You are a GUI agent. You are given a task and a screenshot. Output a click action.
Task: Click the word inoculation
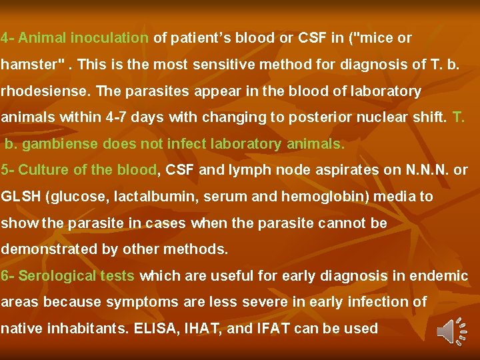110,38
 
